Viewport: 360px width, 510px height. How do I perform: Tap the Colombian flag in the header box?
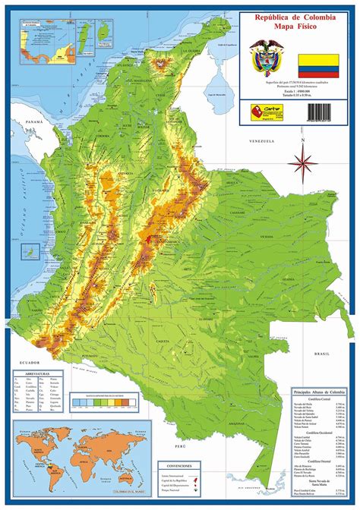[319, 62]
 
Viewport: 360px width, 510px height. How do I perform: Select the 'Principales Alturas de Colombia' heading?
[318, 391]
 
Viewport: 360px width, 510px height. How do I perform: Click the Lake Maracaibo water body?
[217, 80]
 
